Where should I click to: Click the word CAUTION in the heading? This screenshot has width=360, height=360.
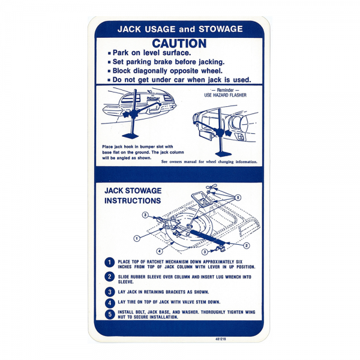coord(179,43)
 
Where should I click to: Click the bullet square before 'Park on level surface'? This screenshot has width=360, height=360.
coord(109,53)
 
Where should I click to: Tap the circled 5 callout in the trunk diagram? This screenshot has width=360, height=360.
coord(238,197)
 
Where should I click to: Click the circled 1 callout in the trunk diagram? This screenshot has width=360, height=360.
coord(137,238)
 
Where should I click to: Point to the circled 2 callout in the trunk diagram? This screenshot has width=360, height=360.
coord(247,245)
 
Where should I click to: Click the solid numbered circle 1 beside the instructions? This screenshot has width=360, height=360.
coord(109,263)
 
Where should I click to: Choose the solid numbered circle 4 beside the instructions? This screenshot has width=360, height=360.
coord(109,302)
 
